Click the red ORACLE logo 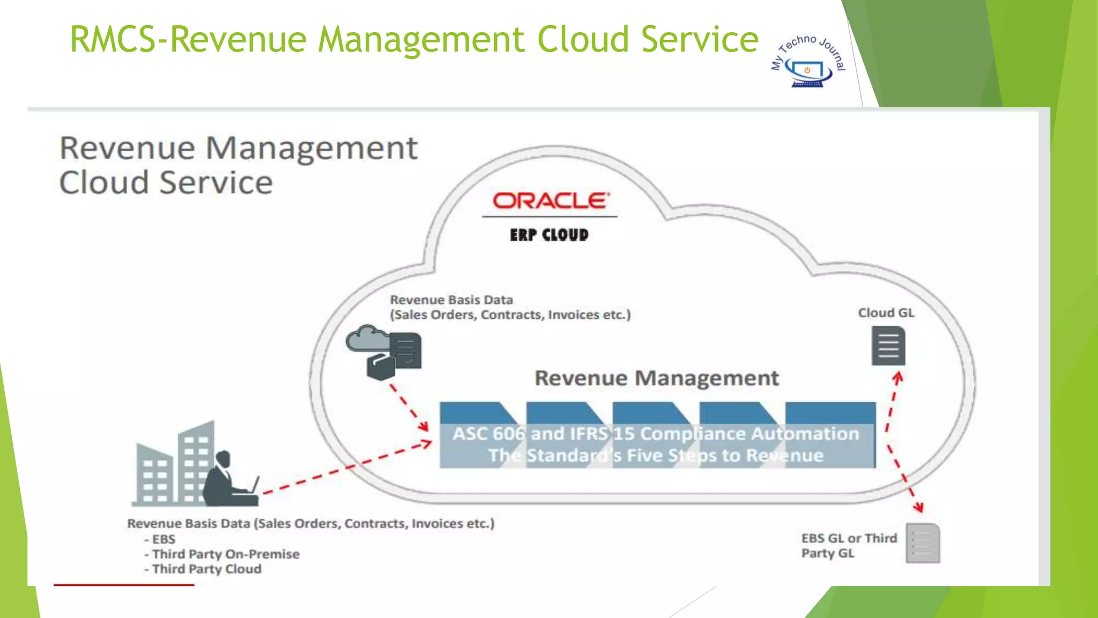(551, 201)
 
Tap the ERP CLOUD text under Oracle (549, 235)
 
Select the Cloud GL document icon (888, 347)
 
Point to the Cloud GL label (886, 313)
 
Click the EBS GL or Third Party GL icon (923, 543)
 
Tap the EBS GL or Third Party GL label (849, 546)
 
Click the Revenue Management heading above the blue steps (656, 378)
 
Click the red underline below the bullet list (124, 585)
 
